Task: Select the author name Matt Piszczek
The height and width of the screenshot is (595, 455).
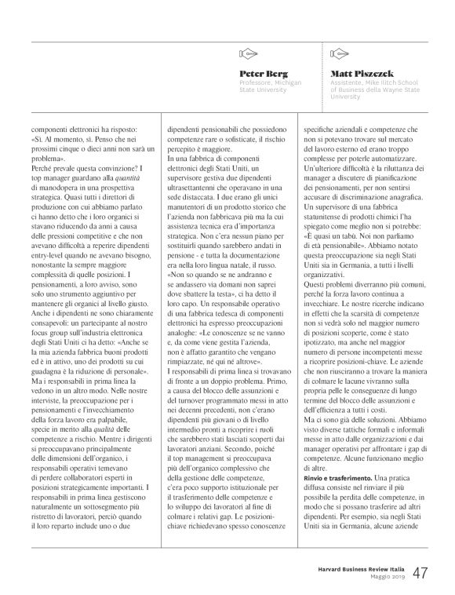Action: click(x=359, y=73)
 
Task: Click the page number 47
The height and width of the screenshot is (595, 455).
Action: click(x=420, y=573)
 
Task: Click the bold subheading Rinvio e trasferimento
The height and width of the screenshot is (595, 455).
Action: click(x=336, y=456)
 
